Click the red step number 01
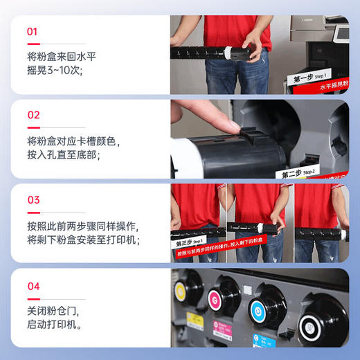(x=33, y=32)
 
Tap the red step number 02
(x=33, y=116)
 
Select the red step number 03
(x=33, y=200)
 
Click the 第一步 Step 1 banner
(x=312, y=77)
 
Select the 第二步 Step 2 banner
(x=298, y=173)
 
